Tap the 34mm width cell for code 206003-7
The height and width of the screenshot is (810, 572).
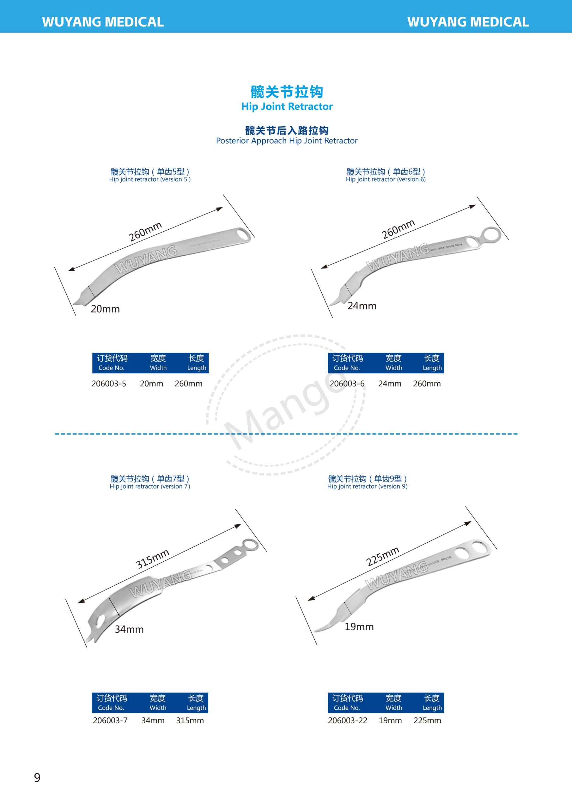coord(153,720)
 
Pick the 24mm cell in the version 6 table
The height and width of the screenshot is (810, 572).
coord(389,383)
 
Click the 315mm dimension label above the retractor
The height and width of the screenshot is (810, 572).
coord(153,559)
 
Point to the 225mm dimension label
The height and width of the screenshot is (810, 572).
coord(382,556)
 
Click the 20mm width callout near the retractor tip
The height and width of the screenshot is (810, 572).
coord(105,309)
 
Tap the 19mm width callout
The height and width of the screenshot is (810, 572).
coord(359,627)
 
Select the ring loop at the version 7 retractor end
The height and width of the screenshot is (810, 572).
coord(251,545)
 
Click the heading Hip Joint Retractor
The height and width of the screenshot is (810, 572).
coord(287,107)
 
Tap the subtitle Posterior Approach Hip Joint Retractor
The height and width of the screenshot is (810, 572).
coord(287,141)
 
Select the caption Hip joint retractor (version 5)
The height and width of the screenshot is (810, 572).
coord(150,179)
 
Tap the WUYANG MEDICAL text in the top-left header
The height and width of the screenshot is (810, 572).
coord(103,22)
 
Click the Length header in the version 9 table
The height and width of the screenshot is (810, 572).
coord(432,708)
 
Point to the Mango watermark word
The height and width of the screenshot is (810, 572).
coord(285,406)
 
